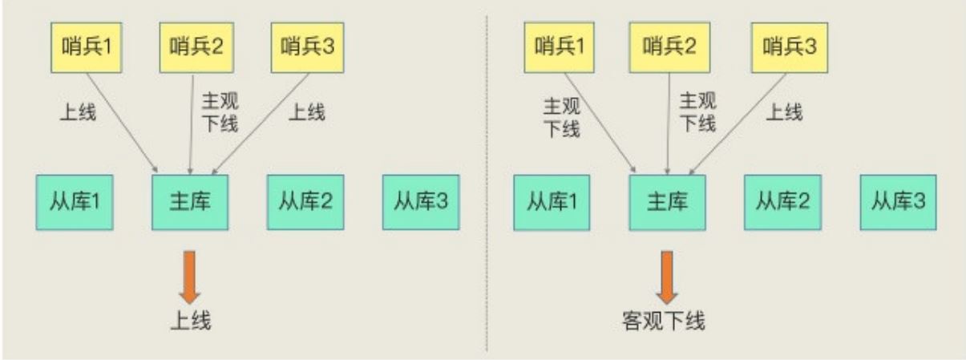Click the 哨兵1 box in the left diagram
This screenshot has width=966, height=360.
click(x=87, y=47)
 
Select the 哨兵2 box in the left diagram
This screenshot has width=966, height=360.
click(x=196, y=47)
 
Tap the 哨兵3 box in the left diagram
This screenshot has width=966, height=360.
click(x=308, y=47)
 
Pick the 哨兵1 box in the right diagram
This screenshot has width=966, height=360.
click(x=560, y=47)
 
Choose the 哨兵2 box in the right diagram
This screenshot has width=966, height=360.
click(x=669, y=47)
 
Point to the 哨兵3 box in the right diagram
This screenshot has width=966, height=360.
click(x=790, y=47)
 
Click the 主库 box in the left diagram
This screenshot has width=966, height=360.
click(x=190, y=202)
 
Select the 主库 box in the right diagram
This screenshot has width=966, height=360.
click(x=668, y=202)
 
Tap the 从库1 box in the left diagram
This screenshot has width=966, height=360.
click(x=75, y=202)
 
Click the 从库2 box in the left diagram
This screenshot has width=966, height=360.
click(x=305, y=202)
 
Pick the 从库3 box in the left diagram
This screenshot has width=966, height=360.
click(x=422, y=202)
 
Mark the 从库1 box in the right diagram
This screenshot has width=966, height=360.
click(x=552, y=202)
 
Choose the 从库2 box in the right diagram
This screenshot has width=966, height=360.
click(x=783, y=202)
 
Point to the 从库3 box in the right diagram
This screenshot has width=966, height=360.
click(x=899, y=202)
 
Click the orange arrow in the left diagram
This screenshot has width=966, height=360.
click(x=190, y=277)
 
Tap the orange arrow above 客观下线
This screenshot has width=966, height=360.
click(x=667, y=277)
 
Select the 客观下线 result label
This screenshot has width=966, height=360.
click(x=664, y=322)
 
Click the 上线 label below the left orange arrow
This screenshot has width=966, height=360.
click(x=191, y=322)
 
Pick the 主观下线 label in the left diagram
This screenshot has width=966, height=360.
click(x=220, y=112)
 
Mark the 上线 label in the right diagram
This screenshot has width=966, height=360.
click(x=785, y=112)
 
